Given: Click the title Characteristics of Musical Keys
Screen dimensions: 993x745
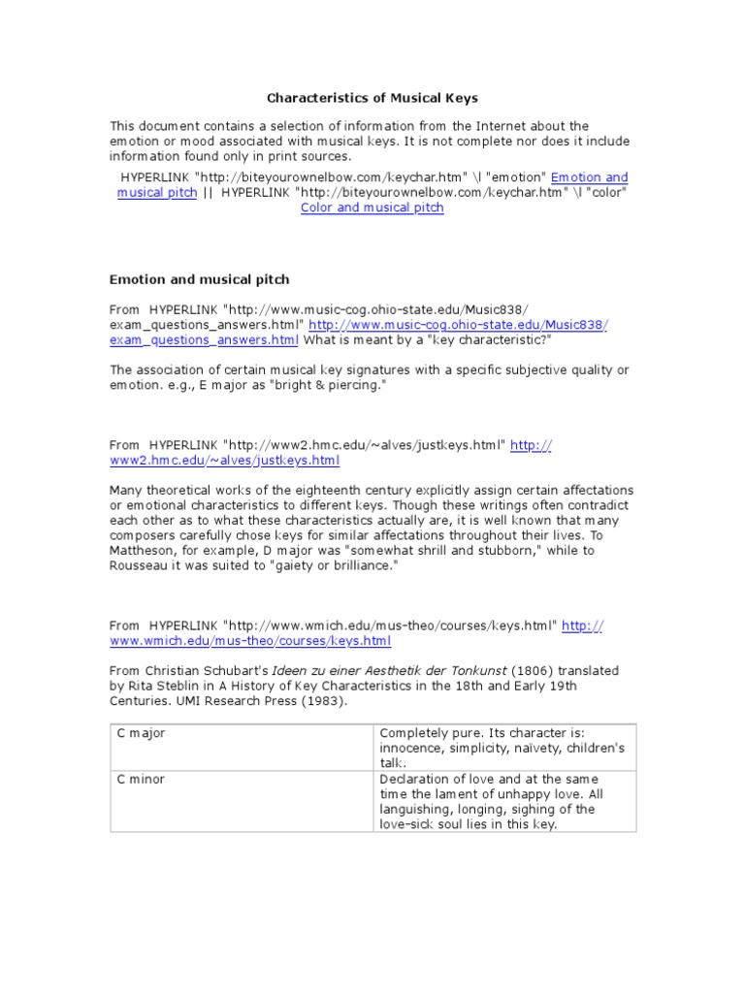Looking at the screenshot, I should (372, 98).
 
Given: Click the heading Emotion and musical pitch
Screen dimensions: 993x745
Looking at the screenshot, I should (199, 279).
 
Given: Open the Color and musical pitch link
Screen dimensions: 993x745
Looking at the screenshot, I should (372, 208).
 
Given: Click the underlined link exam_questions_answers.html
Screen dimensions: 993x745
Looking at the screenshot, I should (204, 339).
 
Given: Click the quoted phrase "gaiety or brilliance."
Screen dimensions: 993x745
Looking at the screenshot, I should (335, 565).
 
